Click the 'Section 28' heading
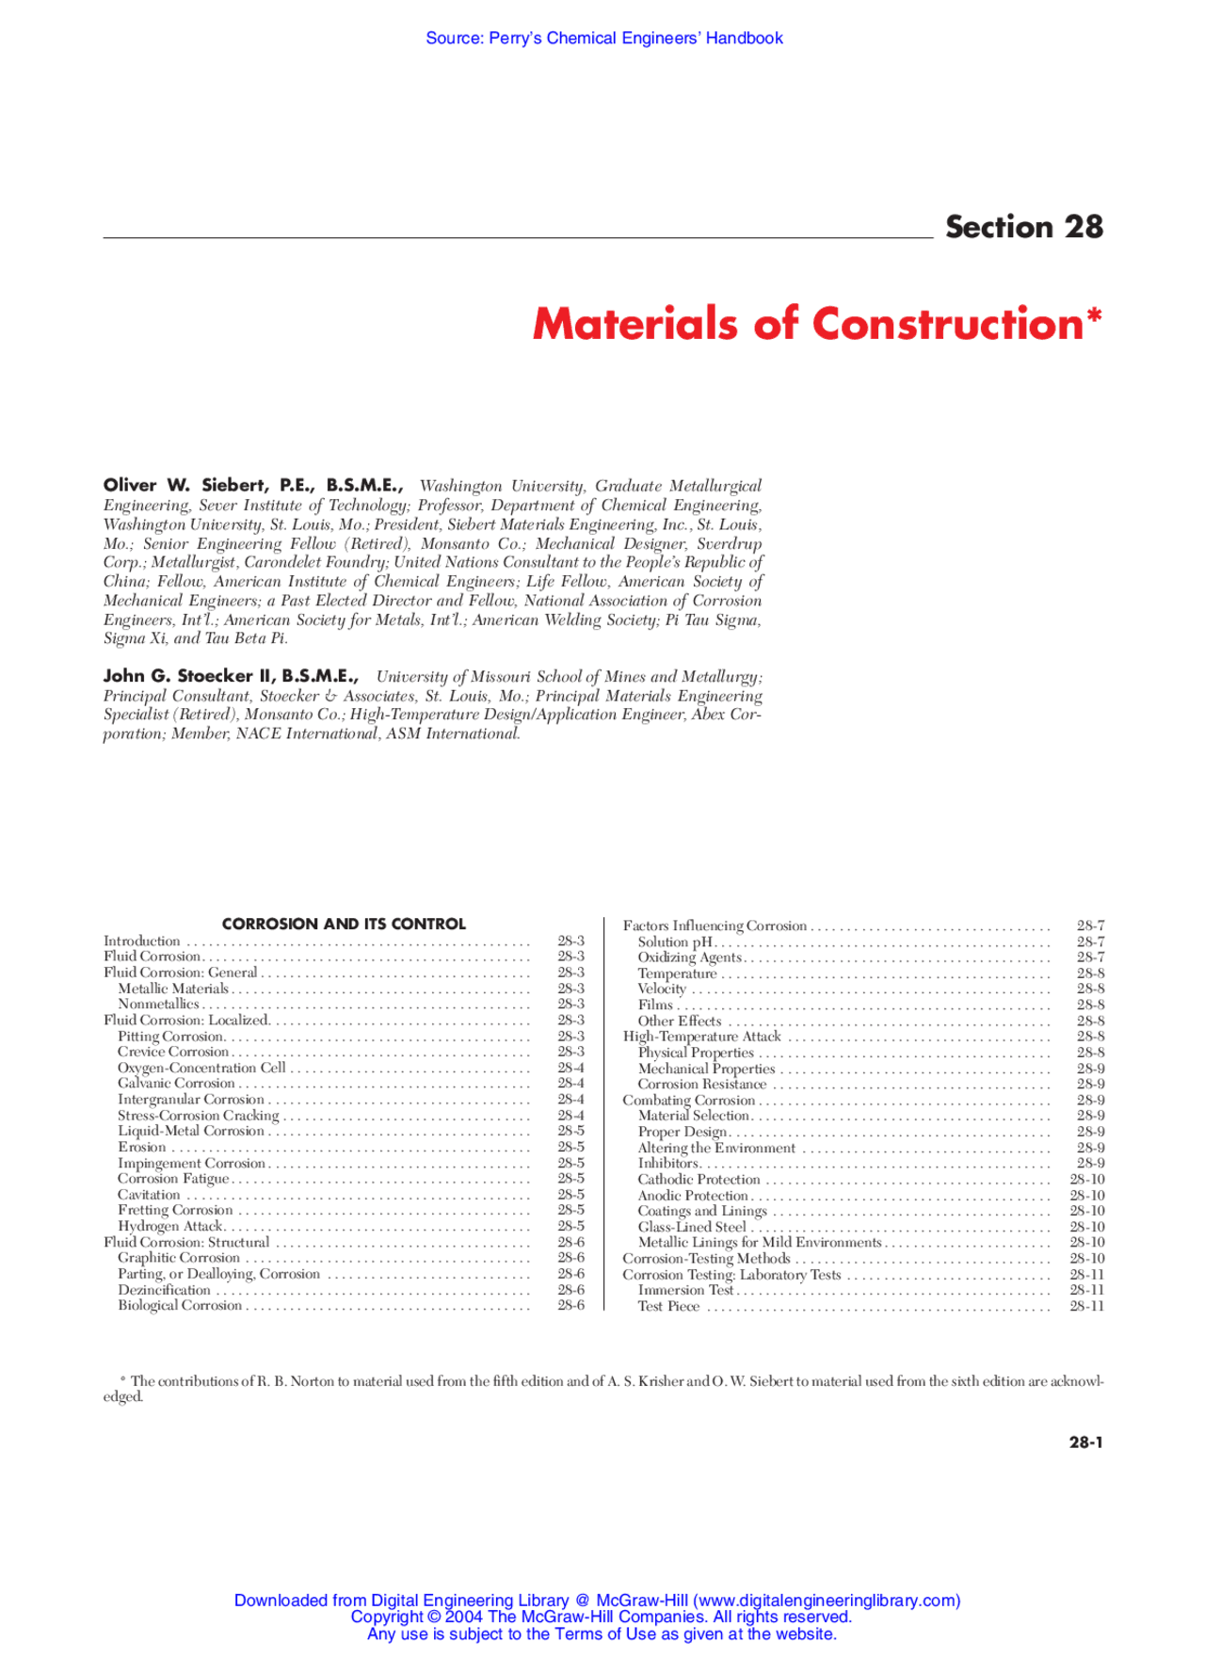[1023, 227]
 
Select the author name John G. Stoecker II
[230, 676]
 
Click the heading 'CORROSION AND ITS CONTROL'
[344, 924]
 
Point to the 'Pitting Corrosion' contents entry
[170, 1036]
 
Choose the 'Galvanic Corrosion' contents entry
[176, 1083]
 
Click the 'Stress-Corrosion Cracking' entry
[199, 1115]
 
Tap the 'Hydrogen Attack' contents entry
[170, 1226]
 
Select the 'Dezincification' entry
[164, 1290]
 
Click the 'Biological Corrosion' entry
[180, 1305]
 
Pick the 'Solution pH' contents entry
[675, 942]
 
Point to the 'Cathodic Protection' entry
[699, 1179]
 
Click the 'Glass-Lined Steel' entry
[692, 1227]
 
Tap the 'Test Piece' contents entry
[668, 1306]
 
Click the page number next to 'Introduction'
[570, 941]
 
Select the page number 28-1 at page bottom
[1085, 1441]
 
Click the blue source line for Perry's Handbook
[603, 39]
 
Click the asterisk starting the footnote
[123, 1380]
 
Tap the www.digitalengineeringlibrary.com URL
[827, 1601]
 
